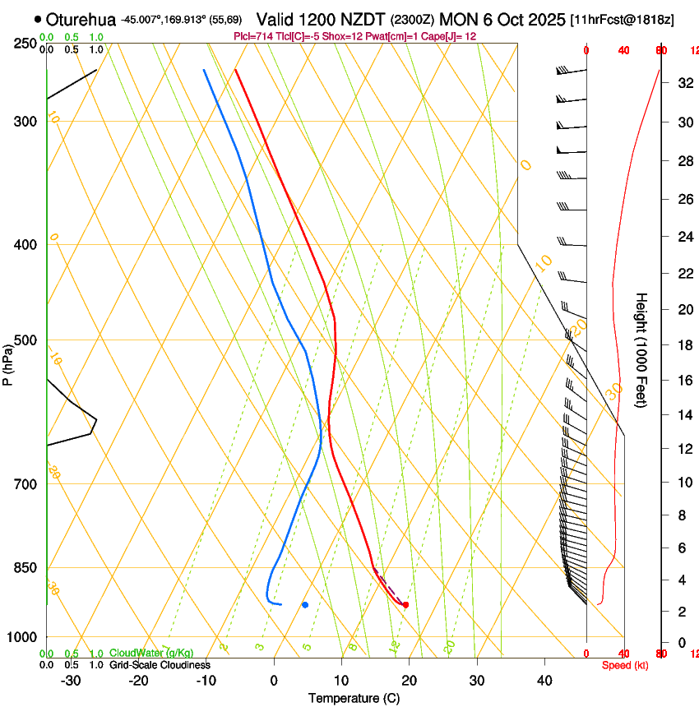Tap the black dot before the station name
(x=38, y=19)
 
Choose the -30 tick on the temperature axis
(x=71, y=681)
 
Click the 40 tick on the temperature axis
(x=544, y=681)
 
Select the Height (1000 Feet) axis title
(x=642, y=349)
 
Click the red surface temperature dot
(x=405, y=605)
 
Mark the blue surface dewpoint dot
(x=305, y=605)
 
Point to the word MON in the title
(x=461, y=19)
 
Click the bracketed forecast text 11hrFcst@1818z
(x=622, y=19)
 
